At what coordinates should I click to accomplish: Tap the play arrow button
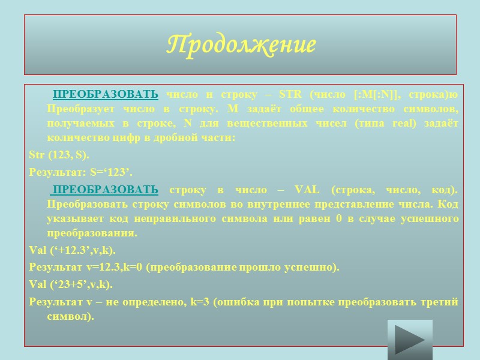pyautogui.click(x=410, y=340)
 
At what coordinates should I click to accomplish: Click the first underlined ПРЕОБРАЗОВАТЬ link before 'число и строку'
pyautogui.click(x=106, y=94)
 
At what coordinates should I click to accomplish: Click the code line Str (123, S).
pyautogui.click(x=59, y=155)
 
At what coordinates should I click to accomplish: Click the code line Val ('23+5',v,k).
pyautogui.click(x=70, y=284)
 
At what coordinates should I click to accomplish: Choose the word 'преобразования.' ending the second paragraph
pyautogui.click(x=92, y=233)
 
